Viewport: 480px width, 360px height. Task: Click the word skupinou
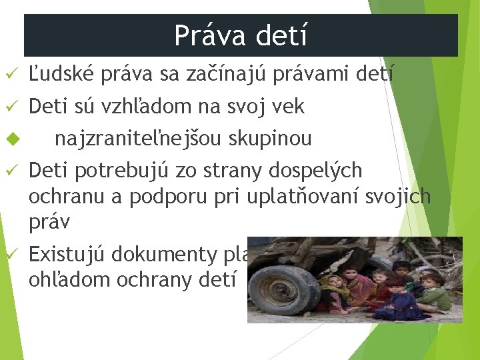[x=270, y=139]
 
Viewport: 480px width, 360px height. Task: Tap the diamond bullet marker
[x=9, y=139]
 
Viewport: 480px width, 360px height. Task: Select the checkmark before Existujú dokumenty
[x=9, y=254]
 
